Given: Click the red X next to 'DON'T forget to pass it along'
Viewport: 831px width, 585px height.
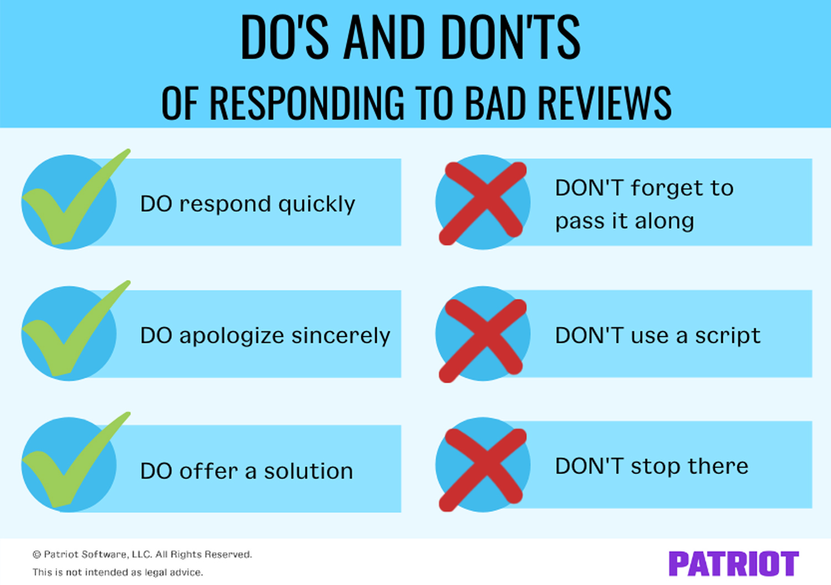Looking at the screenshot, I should coord(483,203).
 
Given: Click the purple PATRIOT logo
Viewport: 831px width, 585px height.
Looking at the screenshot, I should coord(733,564).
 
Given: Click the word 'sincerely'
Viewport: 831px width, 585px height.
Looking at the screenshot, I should coord(341,336).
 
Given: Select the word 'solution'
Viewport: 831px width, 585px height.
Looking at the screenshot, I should coord(308,471).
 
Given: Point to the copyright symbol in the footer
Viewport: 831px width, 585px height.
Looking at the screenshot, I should coord(37,555).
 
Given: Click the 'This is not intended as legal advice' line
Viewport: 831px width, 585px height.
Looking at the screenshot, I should coord(117,572).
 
